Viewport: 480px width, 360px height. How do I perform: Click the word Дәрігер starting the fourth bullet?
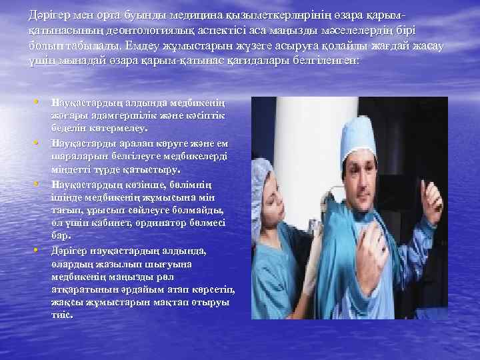(x=71, y=250)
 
